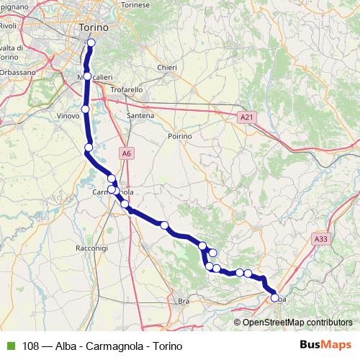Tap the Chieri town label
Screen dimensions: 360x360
click(167, 68)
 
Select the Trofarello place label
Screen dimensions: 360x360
click(127, 89)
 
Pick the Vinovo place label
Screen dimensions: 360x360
click(67, 114)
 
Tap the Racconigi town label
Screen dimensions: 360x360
click(91, 247)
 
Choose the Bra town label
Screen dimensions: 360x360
click(183, 301)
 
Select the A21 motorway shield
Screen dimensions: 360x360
click(247, 115)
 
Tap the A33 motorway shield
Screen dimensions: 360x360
click(321, 237)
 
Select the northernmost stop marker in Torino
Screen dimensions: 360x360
click(91, 42)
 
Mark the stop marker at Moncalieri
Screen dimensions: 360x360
click(87, 76)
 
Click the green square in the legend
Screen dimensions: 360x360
click(10, 346)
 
